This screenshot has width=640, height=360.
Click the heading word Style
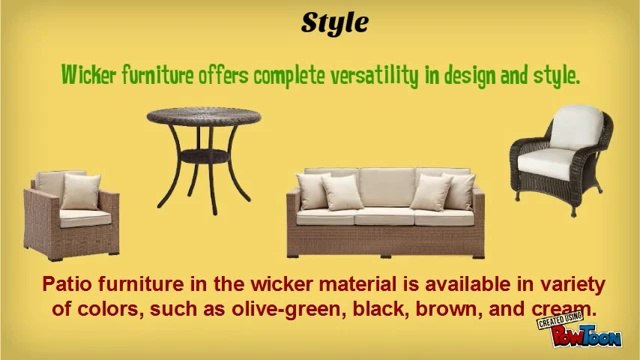pyautogui.click(x=319, y=22)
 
